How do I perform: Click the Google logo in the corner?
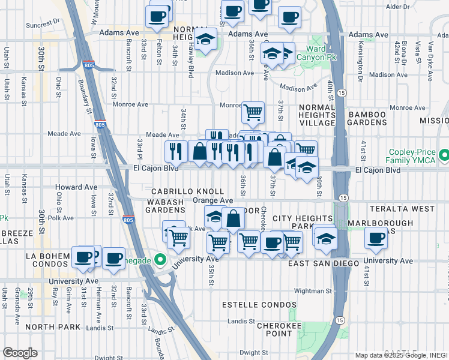[20, 353]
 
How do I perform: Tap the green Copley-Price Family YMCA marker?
[444, 156]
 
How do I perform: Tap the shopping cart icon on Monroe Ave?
[253, 111]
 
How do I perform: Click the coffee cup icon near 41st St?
[376, 238]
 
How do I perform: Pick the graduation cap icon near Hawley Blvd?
[206, 40]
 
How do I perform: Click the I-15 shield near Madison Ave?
[341, 92]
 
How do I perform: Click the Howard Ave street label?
[76, 187]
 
